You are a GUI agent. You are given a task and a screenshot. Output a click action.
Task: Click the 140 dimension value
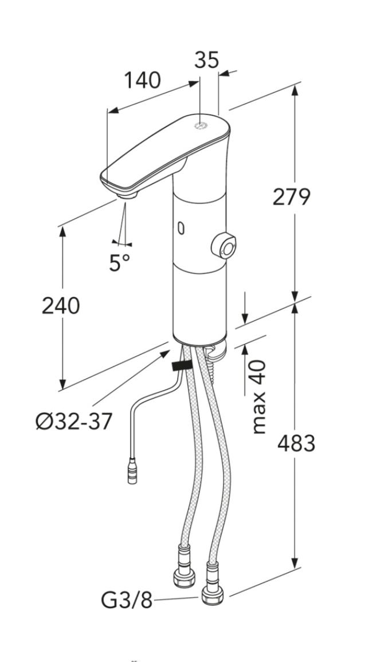[142, 80]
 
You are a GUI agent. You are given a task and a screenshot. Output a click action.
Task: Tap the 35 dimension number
[206, 60]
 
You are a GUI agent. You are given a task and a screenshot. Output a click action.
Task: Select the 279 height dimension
[292, 197]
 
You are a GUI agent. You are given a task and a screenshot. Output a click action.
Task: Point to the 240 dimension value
[61, 306]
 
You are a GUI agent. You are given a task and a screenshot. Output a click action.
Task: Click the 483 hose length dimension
[296, 443]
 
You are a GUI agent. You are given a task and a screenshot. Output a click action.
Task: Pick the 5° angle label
[120, 263]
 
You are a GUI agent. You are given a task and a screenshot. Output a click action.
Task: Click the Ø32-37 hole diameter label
[75, 421]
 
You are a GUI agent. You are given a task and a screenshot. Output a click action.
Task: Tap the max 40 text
[259, 397]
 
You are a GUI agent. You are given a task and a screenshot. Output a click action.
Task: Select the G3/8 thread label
[126, 600]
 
